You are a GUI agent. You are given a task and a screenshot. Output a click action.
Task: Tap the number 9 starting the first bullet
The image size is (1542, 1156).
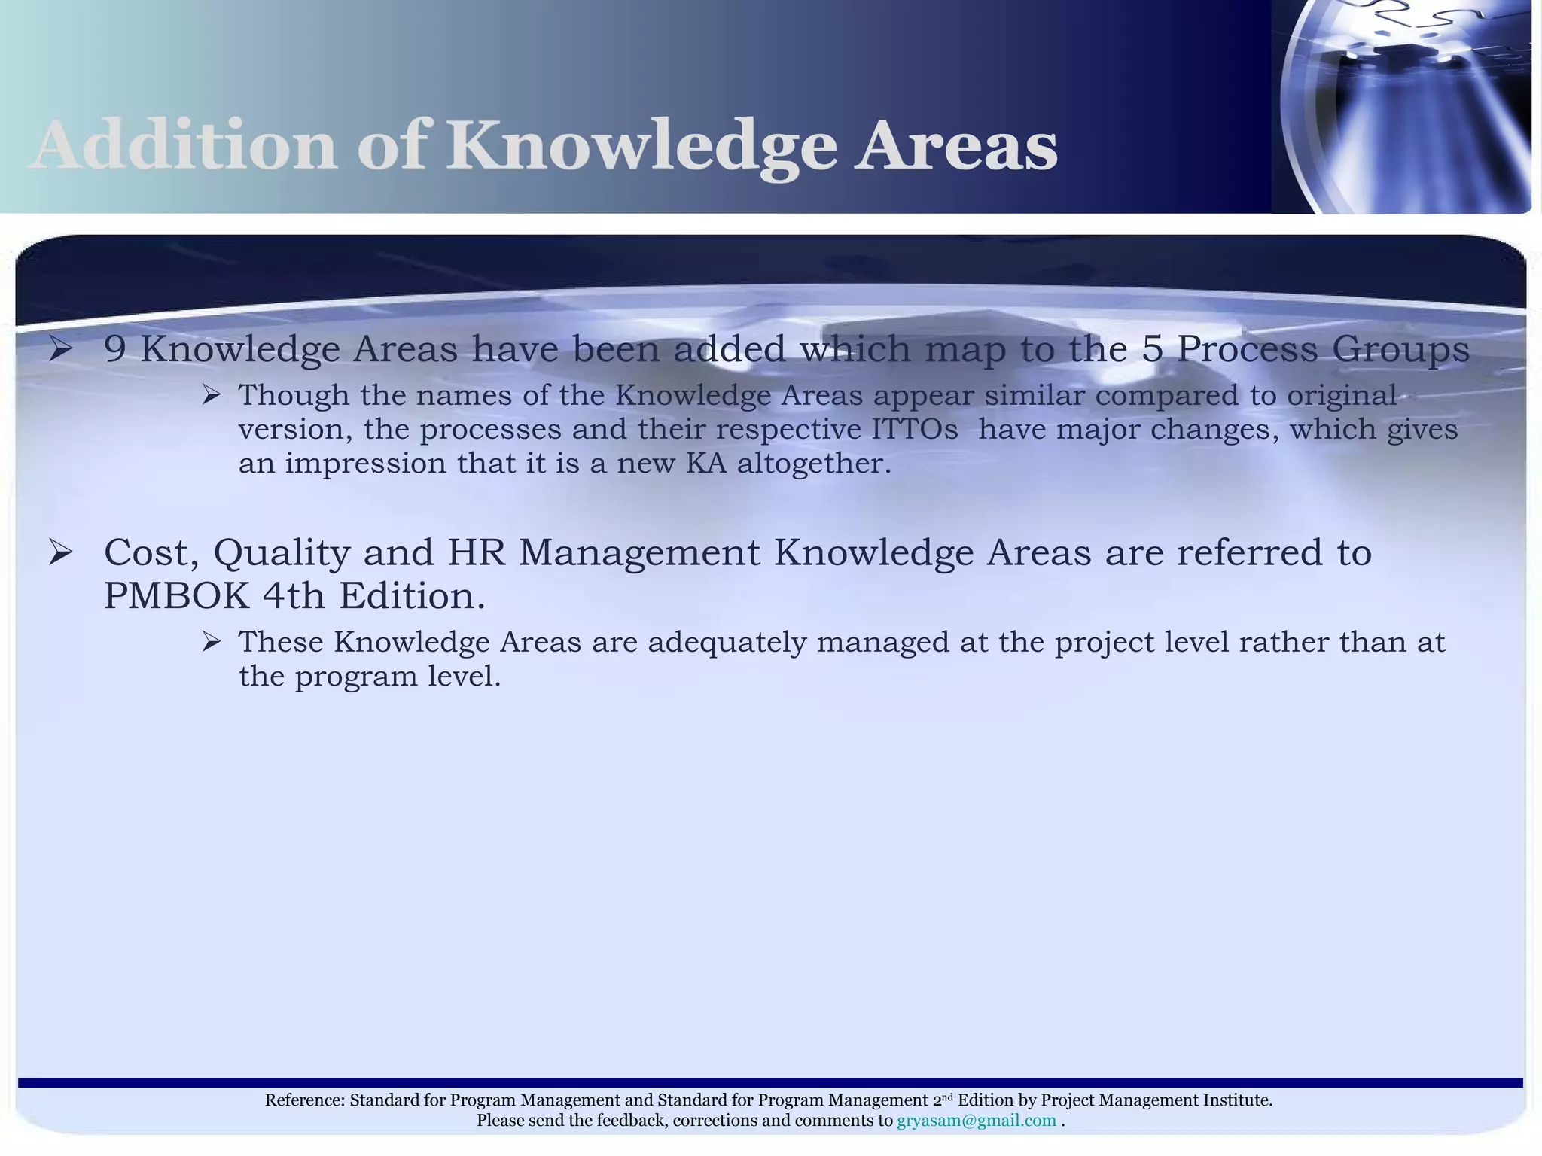114,349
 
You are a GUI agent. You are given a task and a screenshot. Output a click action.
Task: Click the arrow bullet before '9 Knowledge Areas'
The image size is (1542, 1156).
60,349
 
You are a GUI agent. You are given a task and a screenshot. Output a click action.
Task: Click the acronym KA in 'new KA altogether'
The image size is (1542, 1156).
706,464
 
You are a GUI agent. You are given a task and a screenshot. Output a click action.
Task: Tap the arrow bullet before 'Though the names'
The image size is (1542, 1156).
211,395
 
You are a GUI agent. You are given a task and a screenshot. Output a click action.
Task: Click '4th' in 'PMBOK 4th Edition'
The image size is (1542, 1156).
294,597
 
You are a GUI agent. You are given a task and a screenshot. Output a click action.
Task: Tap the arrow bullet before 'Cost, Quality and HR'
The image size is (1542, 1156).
60,553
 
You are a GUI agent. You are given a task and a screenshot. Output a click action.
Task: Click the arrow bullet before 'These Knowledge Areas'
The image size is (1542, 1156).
211,642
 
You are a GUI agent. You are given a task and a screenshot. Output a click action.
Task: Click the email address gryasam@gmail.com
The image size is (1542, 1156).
976,1121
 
